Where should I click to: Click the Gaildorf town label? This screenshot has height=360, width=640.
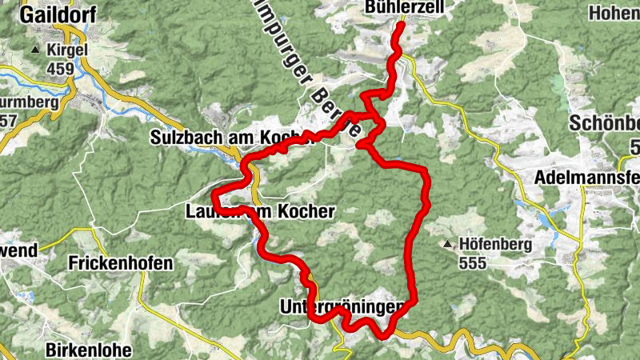coord(54,15)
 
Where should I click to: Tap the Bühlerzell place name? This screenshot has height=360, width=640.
coord(430,8)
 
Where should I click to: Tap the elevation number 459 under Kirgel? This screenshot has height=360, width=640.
coord(60,69)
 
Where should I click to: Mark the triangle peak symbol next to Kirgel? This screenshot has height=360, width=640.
coord(34,50)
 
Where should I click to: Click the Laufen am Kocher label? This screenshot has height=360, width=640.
coord(258,211)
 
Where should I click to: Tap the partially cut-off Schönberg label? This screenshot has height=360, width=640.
coord(604,124)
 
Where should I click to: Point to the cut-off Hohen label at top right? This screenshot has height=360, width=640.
coord(614,14)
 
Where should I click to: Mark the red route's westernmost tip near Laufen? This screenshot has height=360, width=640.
coord(212,198)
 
